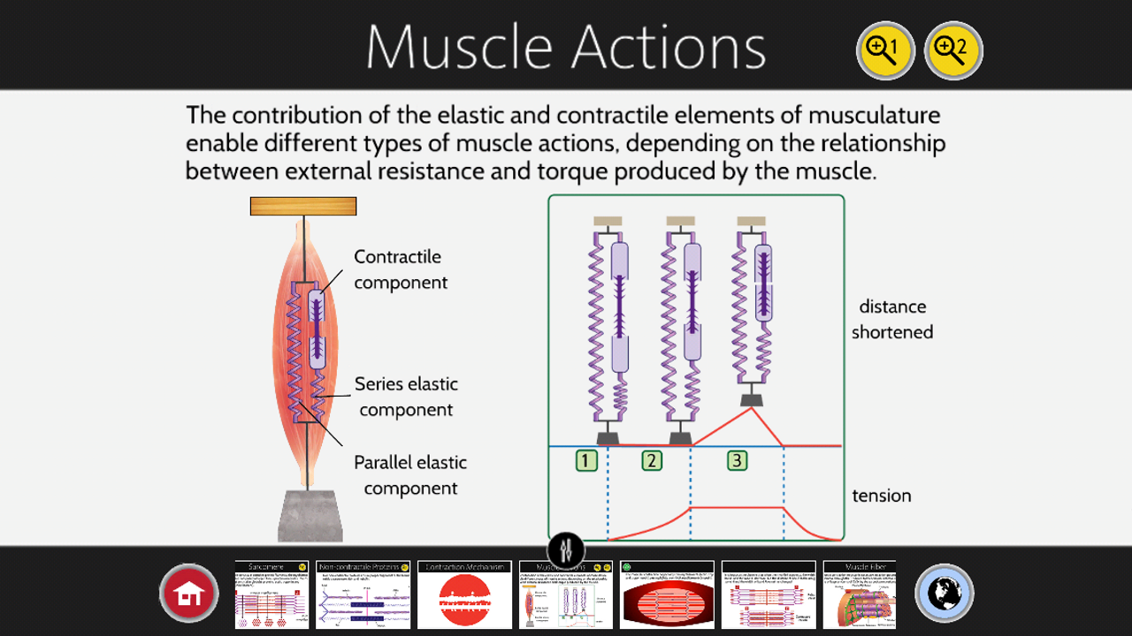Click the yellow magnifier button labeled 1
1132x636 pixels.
tap(885, 50)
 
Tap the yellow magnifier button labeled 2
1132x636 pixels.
tap(953, 50)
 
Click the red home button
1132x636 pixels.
tap(189, 593)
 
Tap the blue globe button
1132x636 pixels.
tap(945, 593)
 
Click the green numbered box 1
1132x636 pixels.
tap(586, 460)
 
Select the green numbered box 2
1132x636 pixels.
tap(652, 460)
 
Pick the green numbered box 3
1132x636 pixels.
tap(737, 460)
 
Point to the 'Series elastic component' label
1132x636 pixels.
tap(406, 397)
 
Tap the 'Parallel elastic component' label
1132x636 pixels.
tap(410, 475)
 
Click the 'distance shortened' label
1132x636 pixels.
tap(891, 319)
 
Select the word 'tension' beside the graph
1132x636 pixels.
tap(881, 496)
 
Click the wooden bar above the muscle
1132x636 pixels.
tap(303, 206)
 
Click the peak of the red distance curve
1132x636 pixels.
tap(751, 408)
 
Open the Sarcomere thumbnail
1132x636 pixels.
tap(272, 594)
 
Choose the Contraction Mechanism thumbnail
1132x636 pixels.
tap(464, 594)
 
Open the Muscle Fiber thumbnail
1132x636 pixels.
tap(859, 594)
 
